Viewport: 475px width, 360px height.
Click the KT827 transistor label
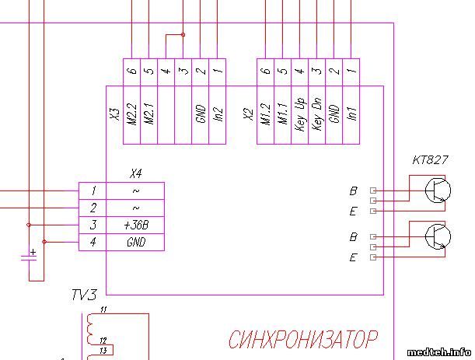coord(430,161)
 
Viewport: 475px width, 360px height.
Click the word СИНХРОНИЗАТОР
coord(303,340)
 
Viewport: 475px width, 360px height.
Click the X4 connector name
coord(136,175)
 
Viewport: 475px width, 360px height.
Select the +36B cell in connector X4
coord(136,225)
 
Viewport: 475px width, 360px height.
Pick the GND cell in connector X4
coord(136,243)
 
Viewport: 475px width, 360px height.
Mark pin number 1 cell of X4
coord(93,191)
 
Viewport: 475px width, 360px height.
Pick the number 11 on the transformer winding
coord(104,311)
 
